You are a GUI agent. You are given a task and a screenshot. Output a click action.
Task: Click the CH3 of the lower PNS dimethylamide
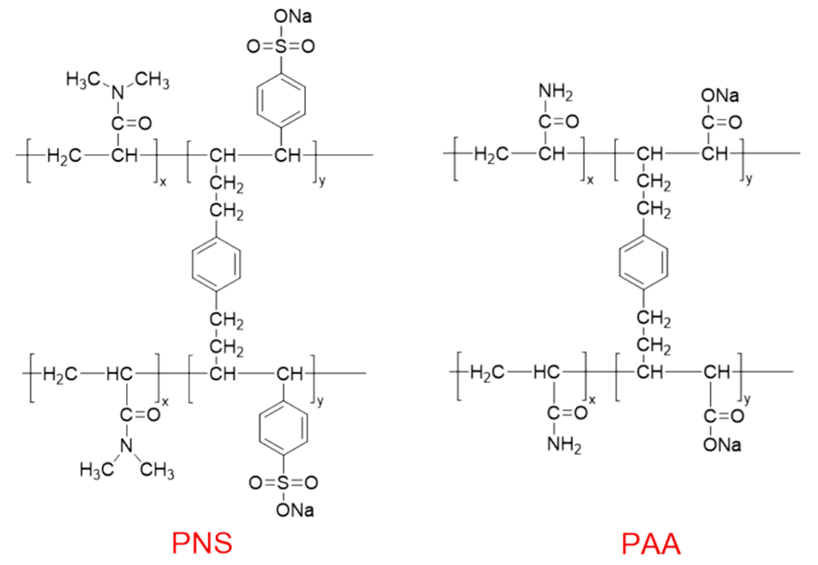(x=157, y=470)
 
